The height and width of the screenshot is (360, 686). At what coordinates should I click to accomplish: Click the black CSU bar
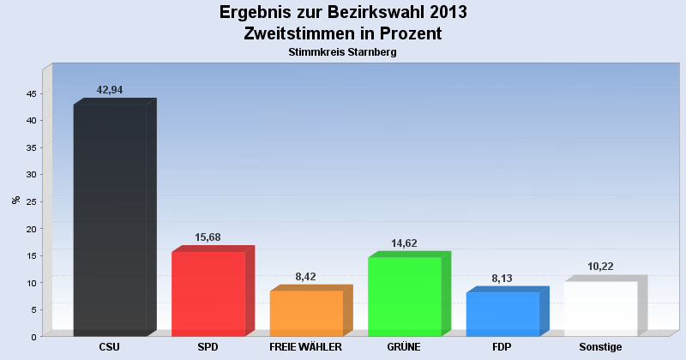click(110, 220)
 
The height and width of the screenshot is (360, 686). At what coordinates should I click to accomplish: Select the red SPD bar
click(208, 293)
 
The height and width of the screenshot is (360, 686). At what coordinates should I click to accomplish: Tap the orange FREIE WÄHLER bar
click(306, 313)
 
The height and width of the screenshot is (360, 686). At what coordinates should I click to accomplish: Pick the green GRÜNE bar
click(405, 296)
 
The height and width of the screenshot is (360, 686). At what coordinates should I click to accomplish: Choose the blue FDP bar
click(502, 314)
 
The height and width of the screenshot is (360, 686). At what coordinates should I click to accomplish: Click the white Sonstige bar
click(600, 309)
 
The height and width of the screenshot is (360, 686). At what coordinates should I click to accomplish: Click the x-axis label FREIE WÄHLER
click(305, 347)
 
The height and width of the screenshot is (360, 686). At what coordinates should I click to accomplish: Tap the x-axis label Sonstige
click(600, 347)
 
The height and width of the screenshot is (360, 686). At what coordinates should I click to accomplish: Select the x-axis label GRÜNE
click(404, 347)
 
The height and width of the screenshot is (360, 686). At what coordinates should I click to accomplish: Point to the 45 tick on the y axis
click(30, 93)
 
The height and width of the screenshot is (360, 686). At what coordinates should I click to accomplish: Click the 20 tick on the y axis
click(30, 229)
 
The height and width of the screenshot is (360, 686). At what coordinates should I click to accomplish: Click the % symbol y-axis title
click(15, 200)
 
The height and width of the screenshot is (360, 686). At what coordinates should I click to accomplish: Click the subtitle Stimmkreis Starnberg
click(343, 52)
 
